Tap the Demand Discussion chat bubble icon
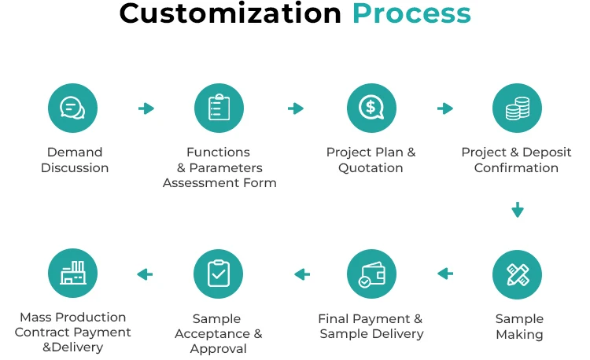[73, 108]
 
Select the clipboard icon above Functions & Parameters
[219, 108]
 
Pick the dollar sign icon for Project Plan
[371, 108]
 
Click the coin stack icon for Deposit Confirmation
[517, 108]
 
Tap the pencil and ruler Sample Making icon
[518, 274]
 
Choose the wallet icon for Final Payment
[371, 274]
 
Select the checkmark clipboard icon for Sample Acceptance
[219, 274]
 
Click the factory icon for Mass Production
[73, 274]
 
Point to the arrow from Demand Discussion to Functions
[146, 108]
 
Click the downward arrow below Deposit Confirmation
[517, 210]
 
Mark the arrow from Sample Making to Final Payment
[445, 274]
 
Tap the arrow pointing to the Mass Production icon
[145, 274]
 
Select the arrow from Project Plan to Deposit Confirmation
[445, 108]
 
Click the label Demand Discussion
[75, 160]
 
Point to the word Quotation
[371, 167]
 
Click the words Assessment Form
[219, 183]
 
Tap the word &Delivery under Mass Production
[73, 347]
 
